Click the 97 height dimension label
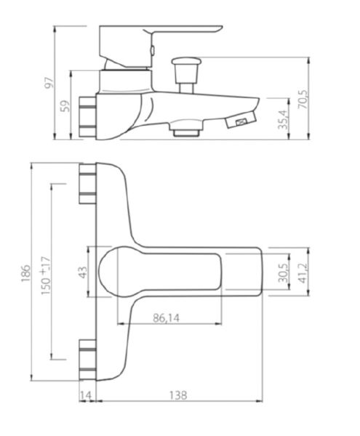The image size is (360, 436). (x=49, y=82)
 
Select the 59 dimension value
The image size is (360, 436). (x=65, y=106)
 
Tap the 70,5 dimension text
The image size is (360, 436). (x=303, y=99)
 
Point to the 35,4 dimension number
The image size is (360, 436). (x=283, y=119)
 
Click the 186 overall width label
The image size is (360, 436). (x=25, y=272)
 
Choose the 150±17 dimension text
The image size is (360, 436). (x=46, y=275)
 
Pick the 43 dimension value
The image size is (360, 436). (x=83, y=272)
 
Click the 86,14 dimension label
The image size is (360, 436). (x=166, y=318)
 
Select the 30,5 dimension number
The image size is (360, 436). (x=284, y=272)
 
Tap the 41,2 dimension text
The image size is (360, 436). (x=303, y=273)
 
